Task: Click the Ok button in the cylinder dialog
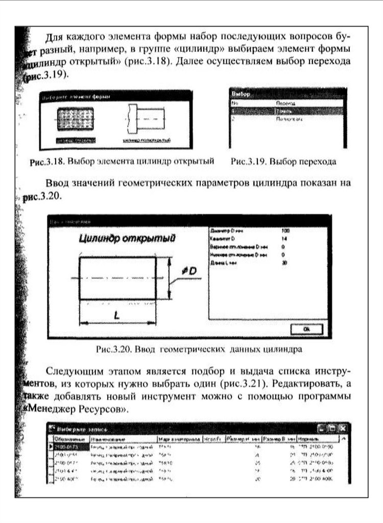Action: pos(306,330)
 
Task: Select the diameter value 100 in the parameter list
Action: pos(285,231)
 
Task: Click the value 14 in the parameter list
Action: pos(284,239)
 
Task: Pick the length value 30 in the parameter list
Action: pos(284,263)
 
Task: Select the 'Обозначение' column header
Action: pos(65,439)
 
